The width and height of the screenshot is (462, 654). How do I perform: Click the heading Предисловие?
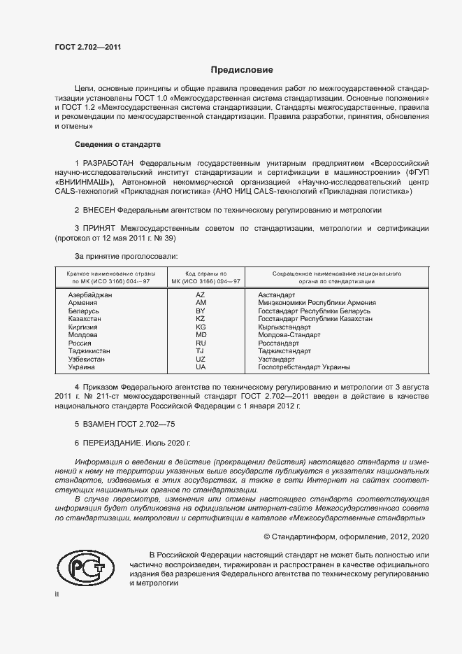pyautogui.click(x=242, y=70)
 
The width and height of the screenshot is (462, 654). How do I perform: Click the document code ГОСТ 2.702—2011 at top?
pyautogui.click(x=88, y=48)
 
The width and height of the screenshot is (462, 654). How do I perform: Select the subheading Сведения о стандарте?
pyautogui.click(x=117, y=144)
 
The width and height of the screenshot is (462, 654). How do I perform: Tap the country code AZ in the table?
pyautogui.click(x=201, y=295)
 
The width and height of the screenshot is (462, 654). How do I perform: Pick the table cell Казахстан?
pyautogui.click(x=85, y=319)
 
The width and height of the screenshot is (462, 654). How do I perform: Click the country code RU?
pyautogui.click(x=201, y=343)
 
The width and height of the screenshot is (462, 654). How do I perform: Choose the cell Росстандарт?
pyautogui.click(x=278, y=343)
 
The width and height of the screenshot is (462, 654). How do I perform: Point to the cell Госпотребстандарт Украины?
pyautogui.click(x=304, y=367)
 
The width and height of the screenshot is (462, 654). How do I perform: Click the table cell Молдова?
pyautogui.click(x=82, y=335)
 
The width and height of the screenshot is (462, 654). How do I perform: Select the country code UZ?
pyautogui.click(x=201, y=359)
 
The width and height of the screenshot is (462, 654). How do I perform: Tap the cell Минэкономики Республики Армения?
pyautogui.click(x=317, y=303)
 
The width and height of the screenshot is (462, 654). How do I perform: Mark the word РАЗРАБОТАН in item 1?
pyautogui.click(x=106, y=162)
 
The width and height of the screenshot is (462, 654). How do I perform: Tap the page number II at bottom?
pyautogui.click(x=57, y=594)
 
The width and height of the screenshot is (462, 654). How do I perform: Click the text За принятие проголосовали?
pyautogui.click(x=121, y=257)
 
